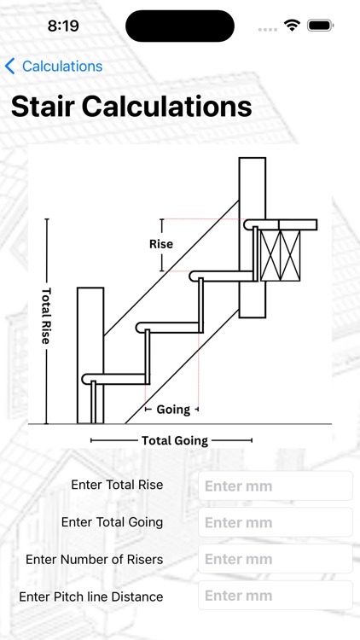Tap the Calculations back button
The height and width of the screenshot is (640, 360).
54,66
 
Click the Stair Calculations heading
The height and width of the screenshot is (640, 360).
131,107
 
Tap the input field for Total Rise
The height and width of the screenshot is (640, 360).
275,486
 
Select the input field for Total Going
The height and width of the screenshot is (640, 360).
275,522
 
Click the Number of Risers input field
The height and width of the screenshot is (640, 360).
275,559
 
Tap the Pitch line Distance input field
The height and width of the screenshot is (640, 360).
275,595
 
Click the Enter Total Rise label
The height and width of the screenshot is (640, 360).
117,485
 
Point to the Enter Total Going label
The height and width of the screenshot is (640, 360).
113,522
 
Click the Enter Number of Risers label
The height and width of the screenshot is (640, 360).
95,559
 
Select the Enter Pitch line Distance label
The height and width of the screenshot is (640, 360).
91,596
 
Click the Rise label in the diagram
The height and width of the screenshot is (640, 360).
161,244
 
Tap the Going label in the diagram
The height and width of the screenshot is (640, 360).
173,410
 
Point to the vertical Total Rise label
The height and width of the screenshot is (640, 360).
46,316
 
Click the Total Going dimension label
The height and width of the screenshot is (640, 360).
175,440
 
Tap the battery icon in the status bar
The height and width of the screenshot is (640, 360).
321,26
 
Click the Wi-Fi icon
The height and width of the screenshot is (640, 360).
293,26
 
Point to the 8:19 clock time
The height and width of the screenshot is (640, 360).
63,26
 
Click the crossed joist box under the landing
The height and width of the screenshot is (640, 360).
281,255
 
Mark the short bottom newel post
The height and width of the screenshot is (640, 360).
90,356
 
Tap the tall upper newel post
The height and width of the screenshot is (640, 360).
253,237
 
